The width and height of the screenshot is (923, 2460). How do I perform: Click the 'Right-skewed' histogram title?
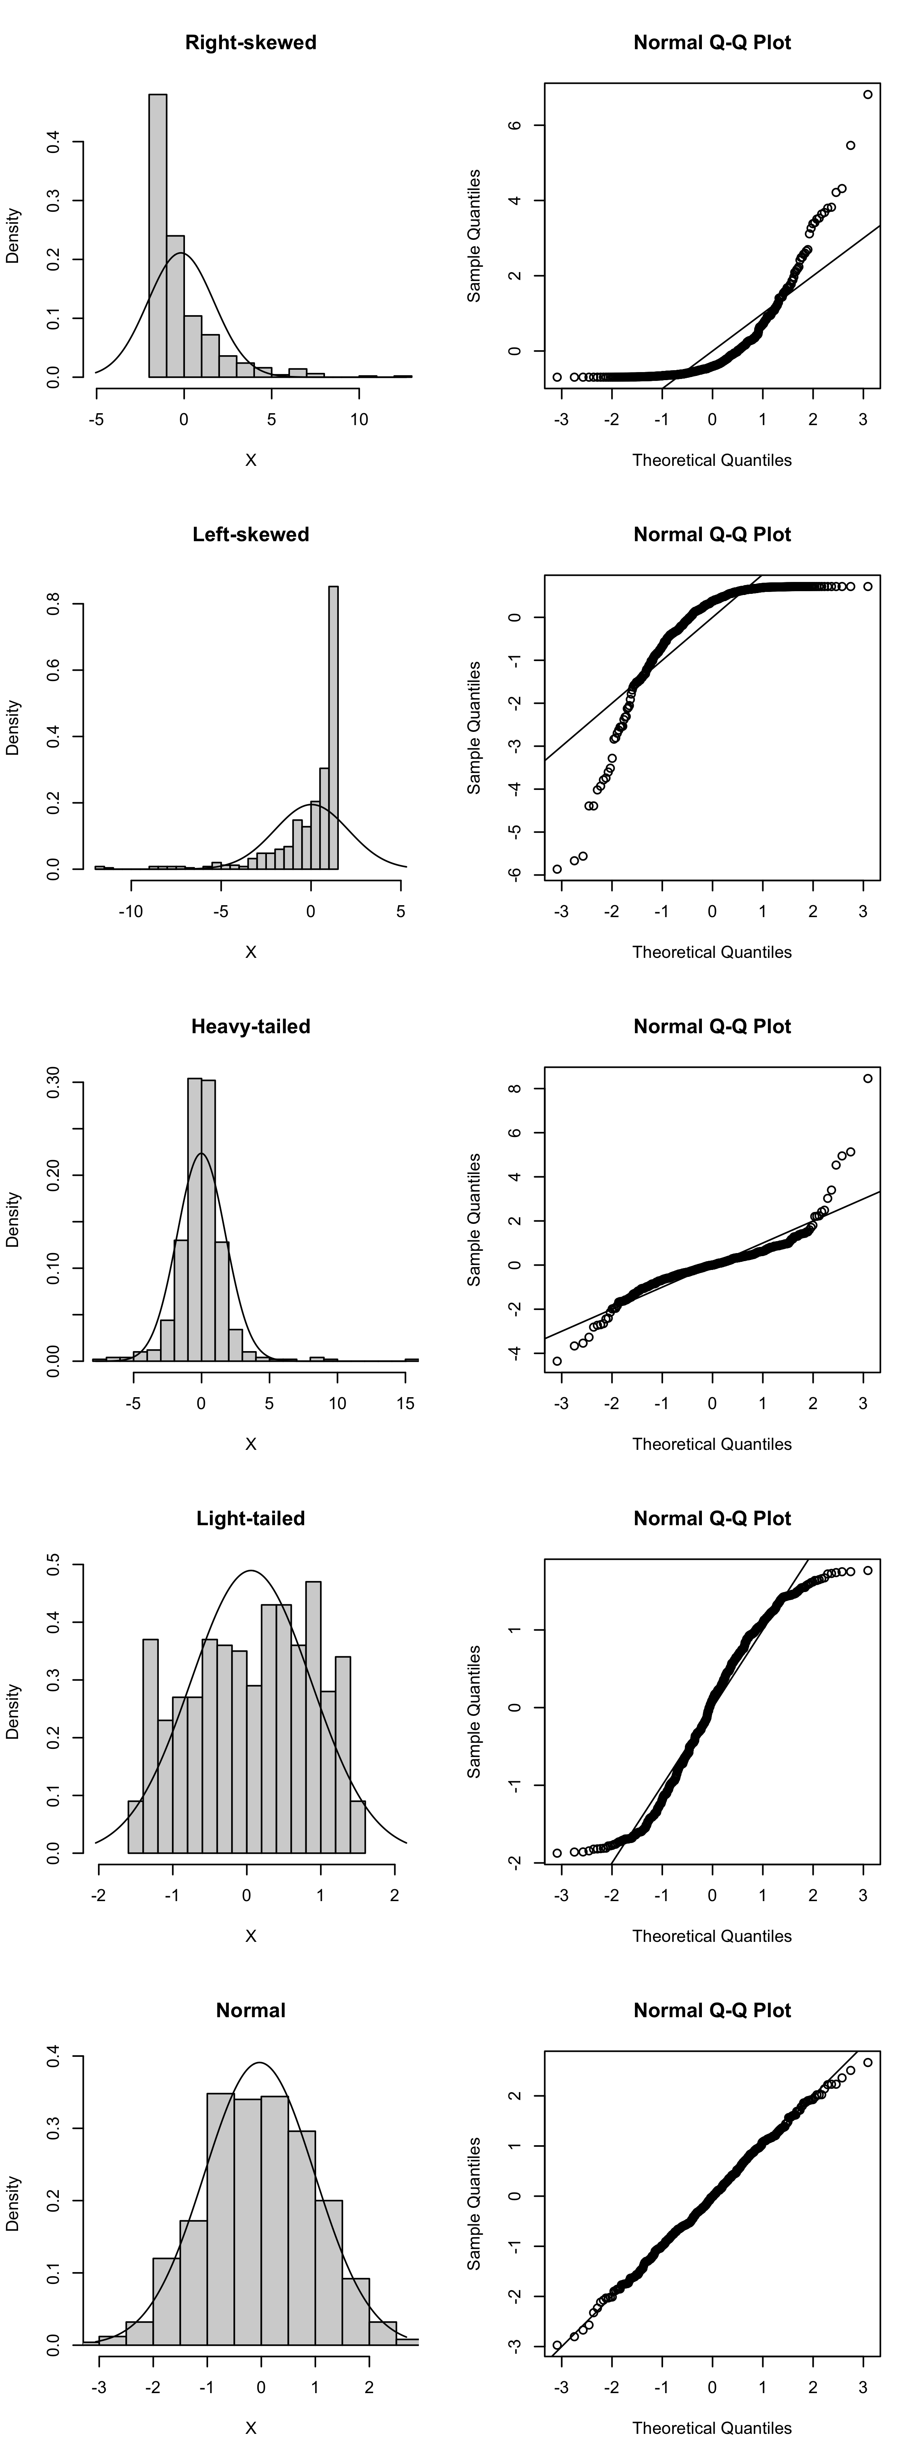click(250, 43)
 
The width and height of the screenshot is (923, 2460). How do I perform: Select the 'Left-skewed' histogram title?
click(250, 535)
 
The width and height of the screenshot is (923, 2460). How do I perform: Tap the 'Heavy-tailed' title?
click(250, 1027)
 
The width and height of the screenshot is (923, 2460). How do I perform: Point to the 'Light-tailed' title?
click(250, 1518)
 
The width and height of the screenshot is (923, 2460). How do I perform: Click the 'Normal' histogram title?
click(250, 2010)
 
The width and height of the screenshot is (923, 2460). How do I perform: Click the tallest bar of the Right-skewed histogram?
click(158, 239)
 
